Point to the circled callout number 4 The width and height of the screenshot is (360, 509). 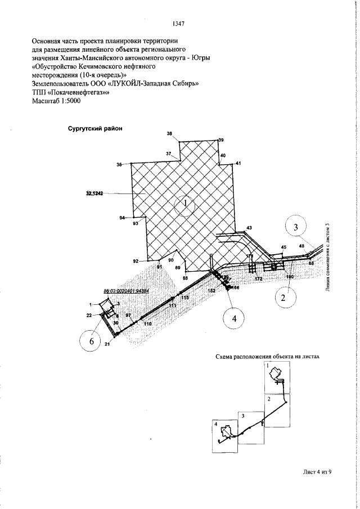[233, 319]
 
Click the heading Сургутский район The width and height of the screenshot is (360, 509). [95, 128]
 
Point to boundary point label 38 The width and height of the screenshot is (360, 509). [170, 133]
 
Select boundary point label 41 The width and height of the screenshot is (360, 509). [238, 163]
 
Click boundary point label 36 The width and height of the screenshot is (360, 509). [119, 165]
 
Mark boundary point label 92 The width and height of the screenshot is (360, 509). [136, 262]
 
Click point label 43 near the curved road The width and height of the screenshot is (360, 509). [249, 227]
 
